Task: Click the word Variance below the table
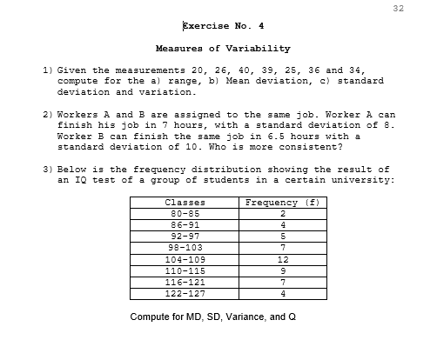(245, 317)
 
